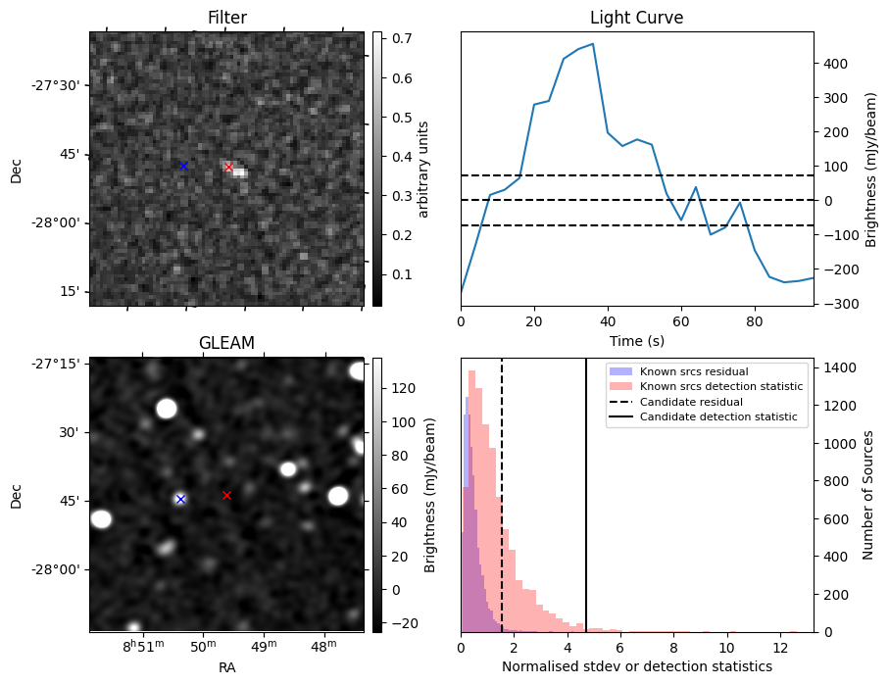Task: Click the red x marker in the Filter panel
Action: [228, 167]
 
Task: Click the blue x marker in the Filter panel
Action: [183, 166]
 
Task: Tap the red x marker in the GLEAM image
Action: [226, 495]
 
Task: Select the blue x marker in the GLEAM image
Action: [180, 499]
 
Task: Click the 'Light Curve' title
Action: [636, 18]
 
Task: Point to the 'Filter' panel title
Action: [227, 18]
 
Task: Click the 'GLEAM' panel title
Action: [226, 343]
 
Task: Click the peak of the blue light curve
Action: [593, 44]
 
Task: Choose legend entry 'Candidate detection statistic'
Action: [717, 417]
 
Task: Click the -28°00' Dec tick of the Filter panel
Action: [55, 222]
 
